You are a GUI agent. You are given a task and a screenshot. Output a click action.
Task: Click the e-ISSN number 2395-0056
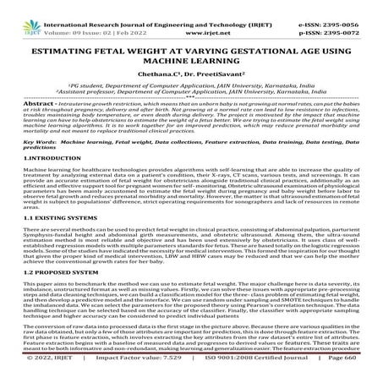[355, 6]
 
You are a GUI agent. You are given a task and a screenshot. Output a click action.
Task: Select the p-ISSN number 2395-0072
[355, 15]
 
